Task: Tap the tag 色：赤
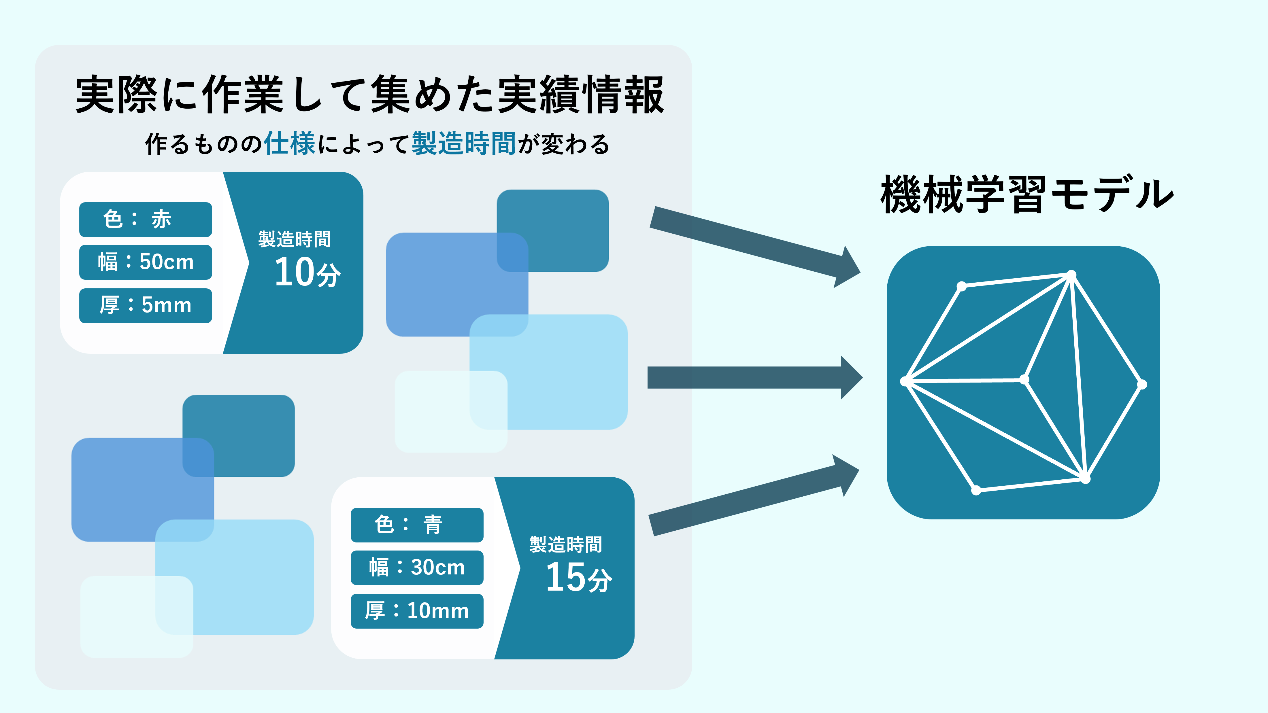[x=145, y=220]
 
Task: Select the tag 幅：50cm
[x=145, y=262]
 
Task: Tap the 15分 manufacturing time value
[x=578, y=577]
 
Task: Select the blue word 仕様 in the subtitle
[x=289, y=144]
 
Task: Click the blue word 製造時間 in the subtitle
[x=464, y=144]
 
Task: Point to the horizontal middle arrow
[x=753, y=377]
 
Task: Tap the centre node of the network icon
[x=1024, y=379]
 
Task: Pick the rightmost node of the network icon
[x=1142, y=384]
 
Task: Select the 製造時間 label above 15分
[x=566, y=545]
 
